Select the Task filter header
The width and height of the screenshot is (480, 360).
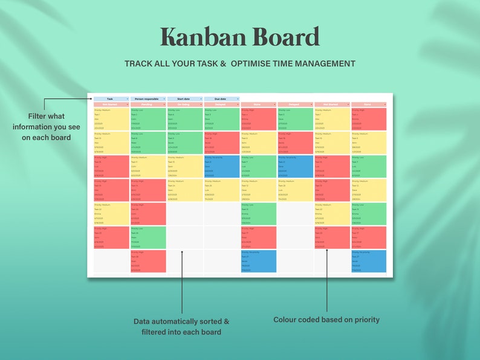[111, 98]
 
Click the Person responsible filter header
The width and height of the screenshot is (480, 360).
[147, 98]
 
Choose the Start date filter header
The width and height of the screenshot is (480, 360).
[184, 98]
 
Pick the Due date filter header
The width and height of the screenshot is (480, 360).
[221, 98]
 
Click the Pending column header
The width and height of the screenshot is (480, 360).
[148, 104]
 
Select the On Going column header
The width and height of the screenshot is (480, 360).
[184, 104]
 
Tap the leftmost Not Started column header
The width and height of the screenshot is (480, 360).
[111, 104]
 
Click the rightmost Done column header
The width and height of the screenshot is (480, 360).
[368, 104]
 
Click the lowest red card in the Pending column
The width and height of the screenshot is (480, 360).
[148, 261]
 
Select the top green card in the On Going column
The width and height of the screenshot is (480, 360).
[184, 119]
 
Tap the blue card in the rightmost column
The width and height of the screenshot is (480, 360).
[368, 261]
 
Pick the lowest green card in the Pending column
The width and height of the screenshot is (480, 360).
[148, 237]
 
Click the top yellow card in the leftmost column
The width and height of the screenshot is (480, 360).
[111, 119]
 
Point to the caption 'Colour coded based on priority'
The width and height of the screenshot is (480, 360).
[326, 320]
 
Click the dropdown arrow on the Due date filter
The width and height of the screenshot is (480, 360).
[238, 98]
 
